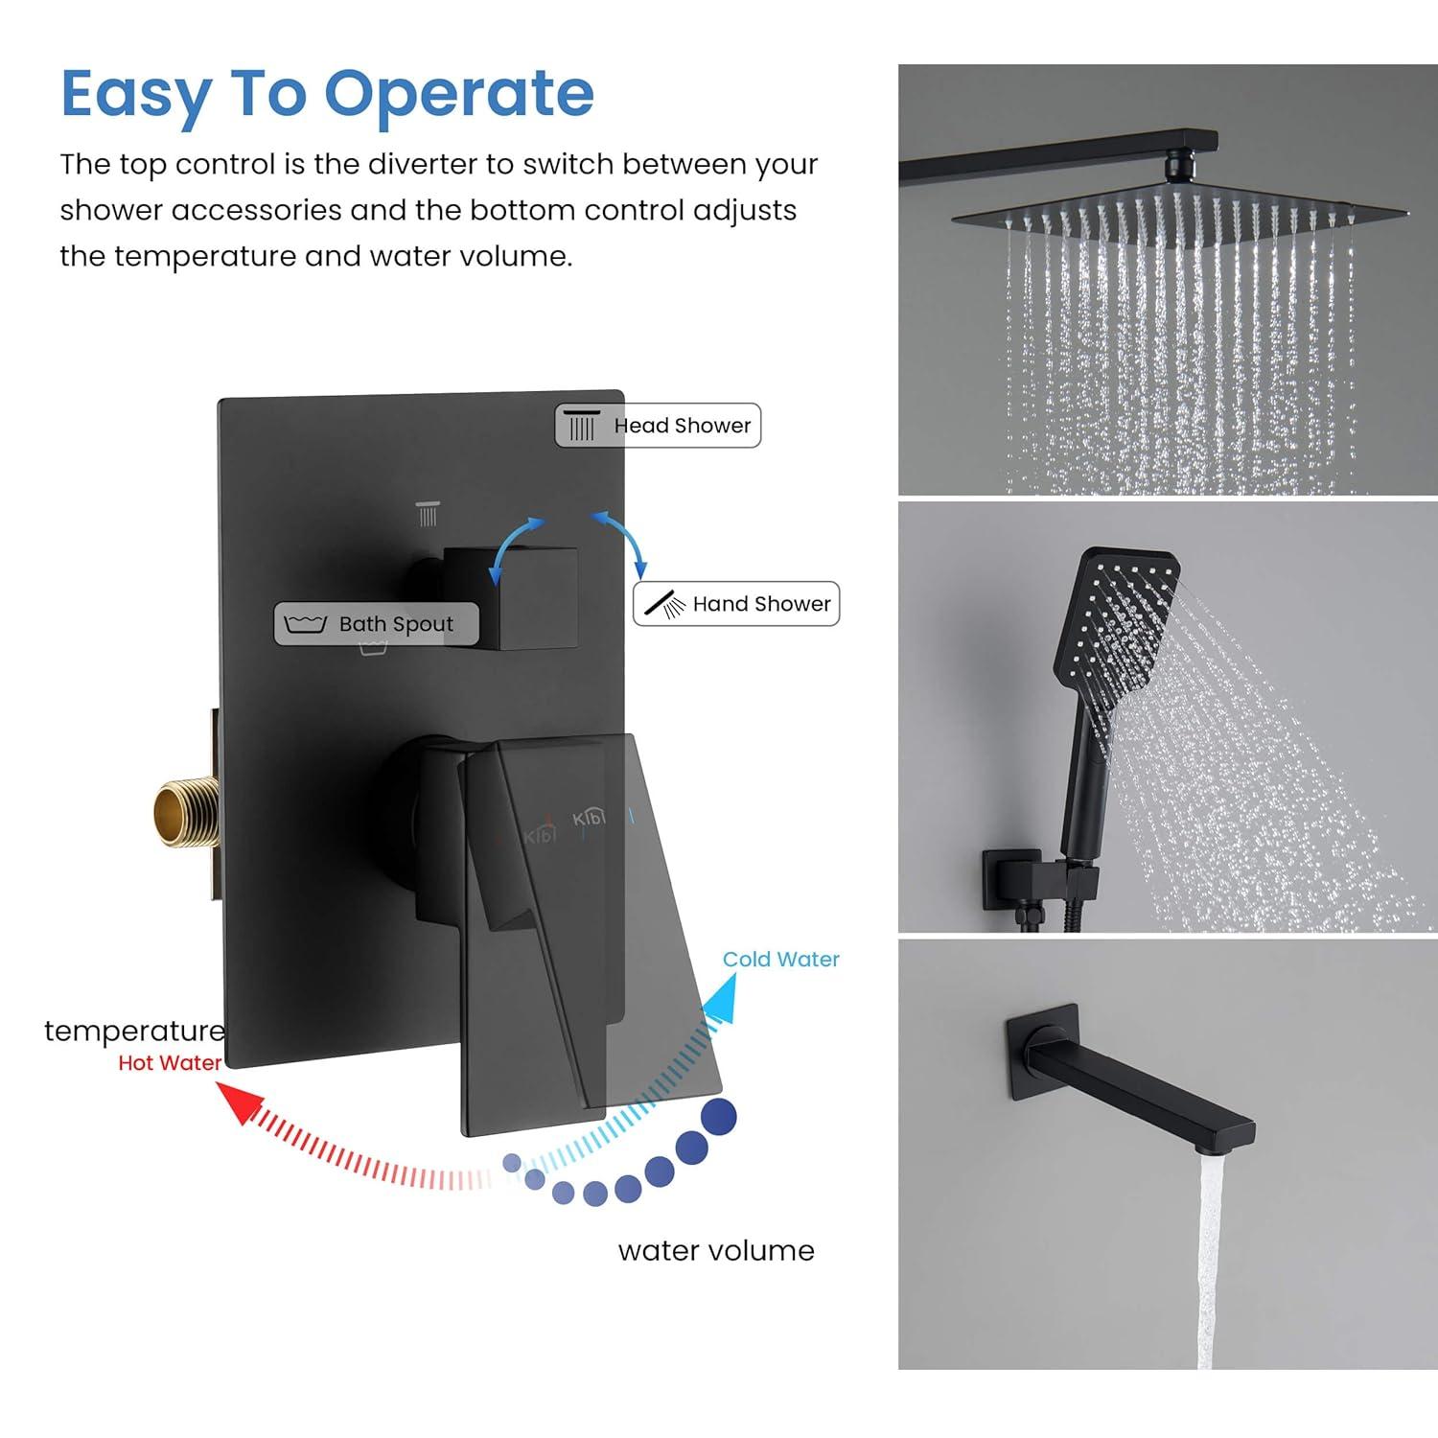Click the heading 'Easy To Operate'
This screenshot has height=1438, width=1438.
(327, 94)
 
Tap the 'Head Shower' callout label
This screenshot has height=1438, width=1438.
(658, 426)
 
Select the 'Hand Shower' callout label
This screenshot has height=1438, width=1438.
(736, 604)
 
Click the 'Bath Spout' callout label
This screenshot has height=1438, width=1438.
(376, 624)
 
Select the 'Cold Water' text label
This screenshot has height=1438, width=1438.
(780, 960)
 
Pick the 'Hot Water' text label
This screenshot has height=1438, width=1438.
(170, 1063)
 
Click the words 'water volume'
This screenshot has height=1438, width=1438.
(716, 1251)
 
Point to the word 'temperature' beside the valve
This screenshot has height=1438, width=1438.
(134, 1031)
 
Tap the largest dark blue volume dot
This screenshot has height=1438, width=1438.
(719, 1116)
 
